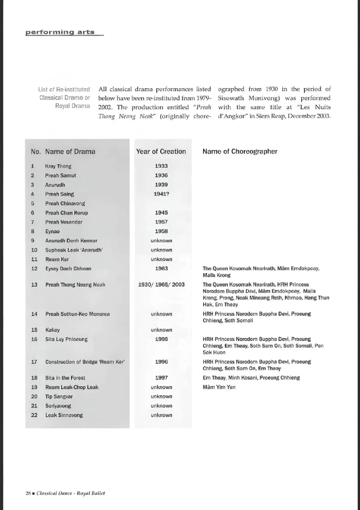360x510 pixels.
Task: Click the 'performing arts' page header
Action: [x=60, y=32]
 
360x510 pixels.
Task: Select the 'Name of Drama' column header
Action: [x=70, y=151]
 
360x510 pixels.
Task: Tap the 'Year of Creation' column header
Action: [x=161, y=151]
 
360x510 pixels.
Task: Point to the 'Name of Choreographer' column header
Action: [x=240, y=151]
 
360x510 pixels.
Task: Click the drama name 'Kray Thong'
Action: [x=58, y=166]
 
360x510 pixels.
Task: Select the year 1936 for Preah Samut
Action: [x=161, y=175]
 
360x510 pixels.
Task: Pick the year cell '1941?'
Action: [x=161, y=194]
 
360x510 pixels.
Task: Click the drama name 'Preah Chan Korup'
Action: [x=66, y=213]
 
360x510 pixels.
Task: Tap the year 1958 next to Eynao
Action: [x=161, y=231]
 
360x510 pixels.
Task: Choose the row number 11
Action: [x=34, y=259]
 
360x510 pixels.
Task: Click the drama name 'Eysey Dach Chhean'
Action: [x=68, y=268]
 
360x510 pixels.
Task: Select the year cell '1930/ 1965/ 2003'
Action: [x=161, y=284]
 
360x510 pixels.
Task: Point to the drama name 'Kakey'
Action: [x=52, y=330]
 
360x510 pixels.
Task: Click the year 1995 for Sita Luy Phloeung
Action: [x=161, y=339]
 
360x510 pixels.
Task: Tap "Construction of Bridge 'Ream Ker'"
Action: [x=85, y=362]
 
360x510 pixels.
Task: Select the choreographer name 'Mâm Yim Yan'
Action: [x=219, y=387]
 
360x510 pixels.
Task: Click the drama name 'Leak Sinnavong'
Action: [x=64, y=415]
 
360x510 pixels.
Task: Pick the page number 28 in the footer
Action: [x=28, y=493]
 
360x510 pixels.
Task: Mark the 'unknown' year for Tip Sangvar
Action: [x=161, y=397]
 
